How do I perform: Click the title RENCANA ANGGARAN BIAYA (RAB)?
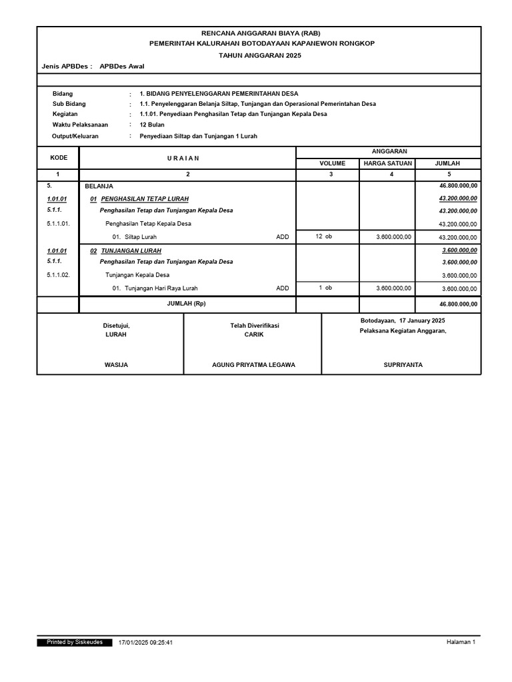click(x=260, y=33)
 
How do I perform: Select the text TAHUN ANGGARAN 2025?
click(x=260, y=55)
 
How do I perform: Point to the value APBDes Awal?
click(x=121, y=67)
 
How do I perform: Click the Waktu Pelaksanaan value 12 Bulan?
click(x=152, y=125)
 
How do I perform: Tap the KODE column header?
click(x=59, y=157)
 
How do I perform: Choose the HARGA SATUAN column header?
click(x=387, y=163)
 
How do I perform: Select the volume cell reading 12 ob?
click(x=323, y=236)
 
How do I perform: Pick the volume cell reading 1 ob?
click(x=325, y=288)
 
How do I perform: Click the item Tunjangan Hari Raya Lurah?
click(x=161, y=288)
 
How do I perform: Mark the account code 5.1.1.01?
click(x=63, y=224)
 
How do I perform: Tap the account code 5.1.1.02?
click(x=63, y=275)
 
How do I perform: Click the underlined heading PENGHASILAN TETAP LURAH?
click(x=145, y=198)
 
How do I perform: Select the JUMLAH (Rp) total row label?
click(x=187, y=304)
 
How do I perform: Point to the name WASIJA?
click(x=116, y=365)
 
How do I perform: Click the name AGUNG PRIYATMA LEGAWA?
click(x=253, y=365)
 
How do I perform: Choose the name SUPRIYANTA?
click(x=403, y=365)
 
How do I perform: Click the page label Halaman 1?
click(x=461, y=642)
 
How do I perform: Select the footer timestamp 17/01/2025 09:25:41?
click(x=145, y=643)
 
